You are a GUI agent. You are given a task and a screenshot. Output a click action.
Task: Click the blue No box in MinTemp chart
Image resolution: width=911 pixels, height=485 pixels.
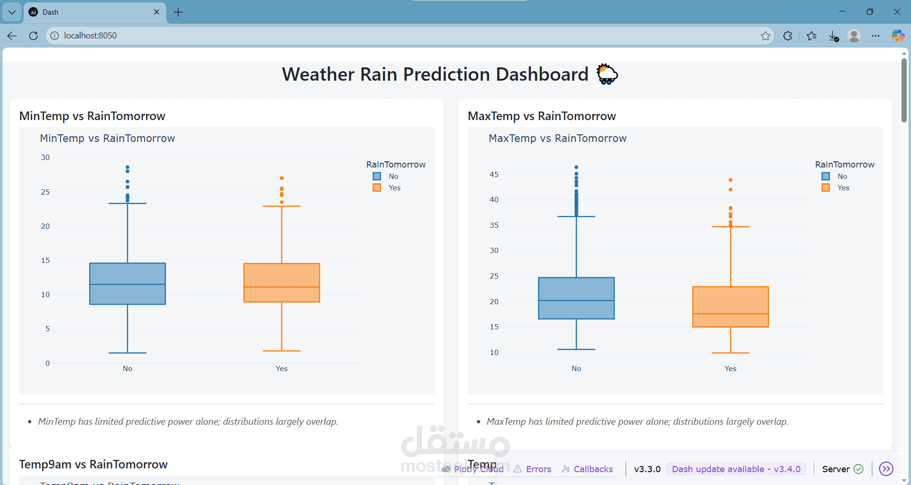[127, 283]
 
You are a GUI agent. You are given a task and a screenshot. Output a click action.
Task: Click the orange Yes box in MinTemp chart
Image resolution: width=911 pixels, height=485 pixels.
[281, 282]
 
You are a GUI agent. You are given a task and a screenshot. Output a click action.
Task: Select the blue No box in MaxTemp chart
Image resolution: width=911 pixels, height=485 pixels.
[576, 298]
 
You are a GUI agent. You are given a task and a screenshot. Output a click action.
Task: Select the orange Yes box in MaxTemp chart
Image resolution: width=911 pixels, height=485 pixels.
[730, 307]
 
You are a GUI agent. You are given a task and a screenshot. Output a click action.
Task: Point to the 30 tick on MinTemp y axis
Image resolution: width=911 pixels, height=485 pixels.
[46, 158]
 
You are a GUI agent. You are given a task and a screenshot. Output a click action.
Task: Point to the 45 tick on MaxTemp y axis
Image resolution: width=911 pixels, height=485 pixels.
[494, 175]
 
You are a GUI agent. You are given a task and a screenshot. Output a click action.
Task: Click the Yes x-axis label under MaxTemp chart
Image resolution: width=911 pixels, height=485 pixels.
[730, 369]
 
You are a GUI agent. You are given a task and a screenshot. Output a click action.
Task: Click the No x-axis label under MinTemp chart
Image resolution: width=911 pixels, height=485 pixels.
[127, 369]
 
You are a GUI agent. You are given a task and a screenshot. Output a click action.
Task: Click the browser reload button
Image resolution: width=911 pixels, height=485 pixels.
[33, 36]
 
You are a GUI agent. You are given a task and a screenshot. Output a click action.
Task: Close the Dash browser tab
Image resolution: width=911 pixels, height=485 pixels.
[157, 12]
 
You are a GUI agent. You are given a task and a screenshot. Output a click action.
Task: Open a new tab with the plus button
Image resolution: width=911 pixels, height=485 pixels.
[178, 12]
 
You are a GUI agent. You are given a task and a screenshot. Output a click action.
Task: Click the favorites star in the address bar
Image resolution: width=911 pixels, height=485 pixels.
[765, 36]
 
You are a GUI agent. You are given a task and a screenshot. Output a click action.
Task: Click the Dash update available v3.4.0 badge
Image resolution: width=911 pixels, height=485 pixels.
[736, 469]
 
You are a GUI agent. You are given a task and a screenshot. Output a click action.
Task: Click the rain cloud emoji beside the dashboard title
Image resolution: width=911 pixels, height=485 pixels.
[607, 75]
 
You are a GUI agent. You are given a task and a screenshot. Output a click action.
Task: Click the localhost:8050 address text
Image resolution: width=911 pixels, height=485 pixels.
[90, 36]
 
